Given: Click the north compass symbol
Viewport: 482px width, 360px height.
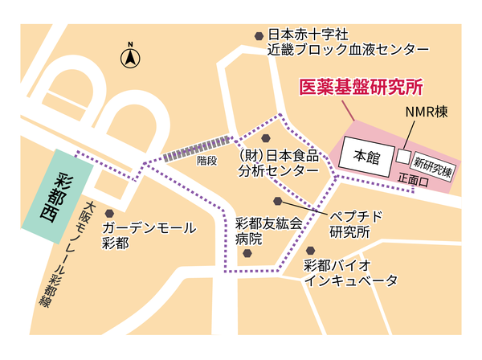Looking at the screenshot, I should tap(129, 57).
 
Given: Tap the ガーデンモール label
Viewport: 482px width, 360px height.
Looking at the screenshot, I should tap(149, 228).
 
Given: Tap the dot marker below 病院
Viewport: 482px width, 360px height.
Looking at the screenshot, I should tap(249, 255).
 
